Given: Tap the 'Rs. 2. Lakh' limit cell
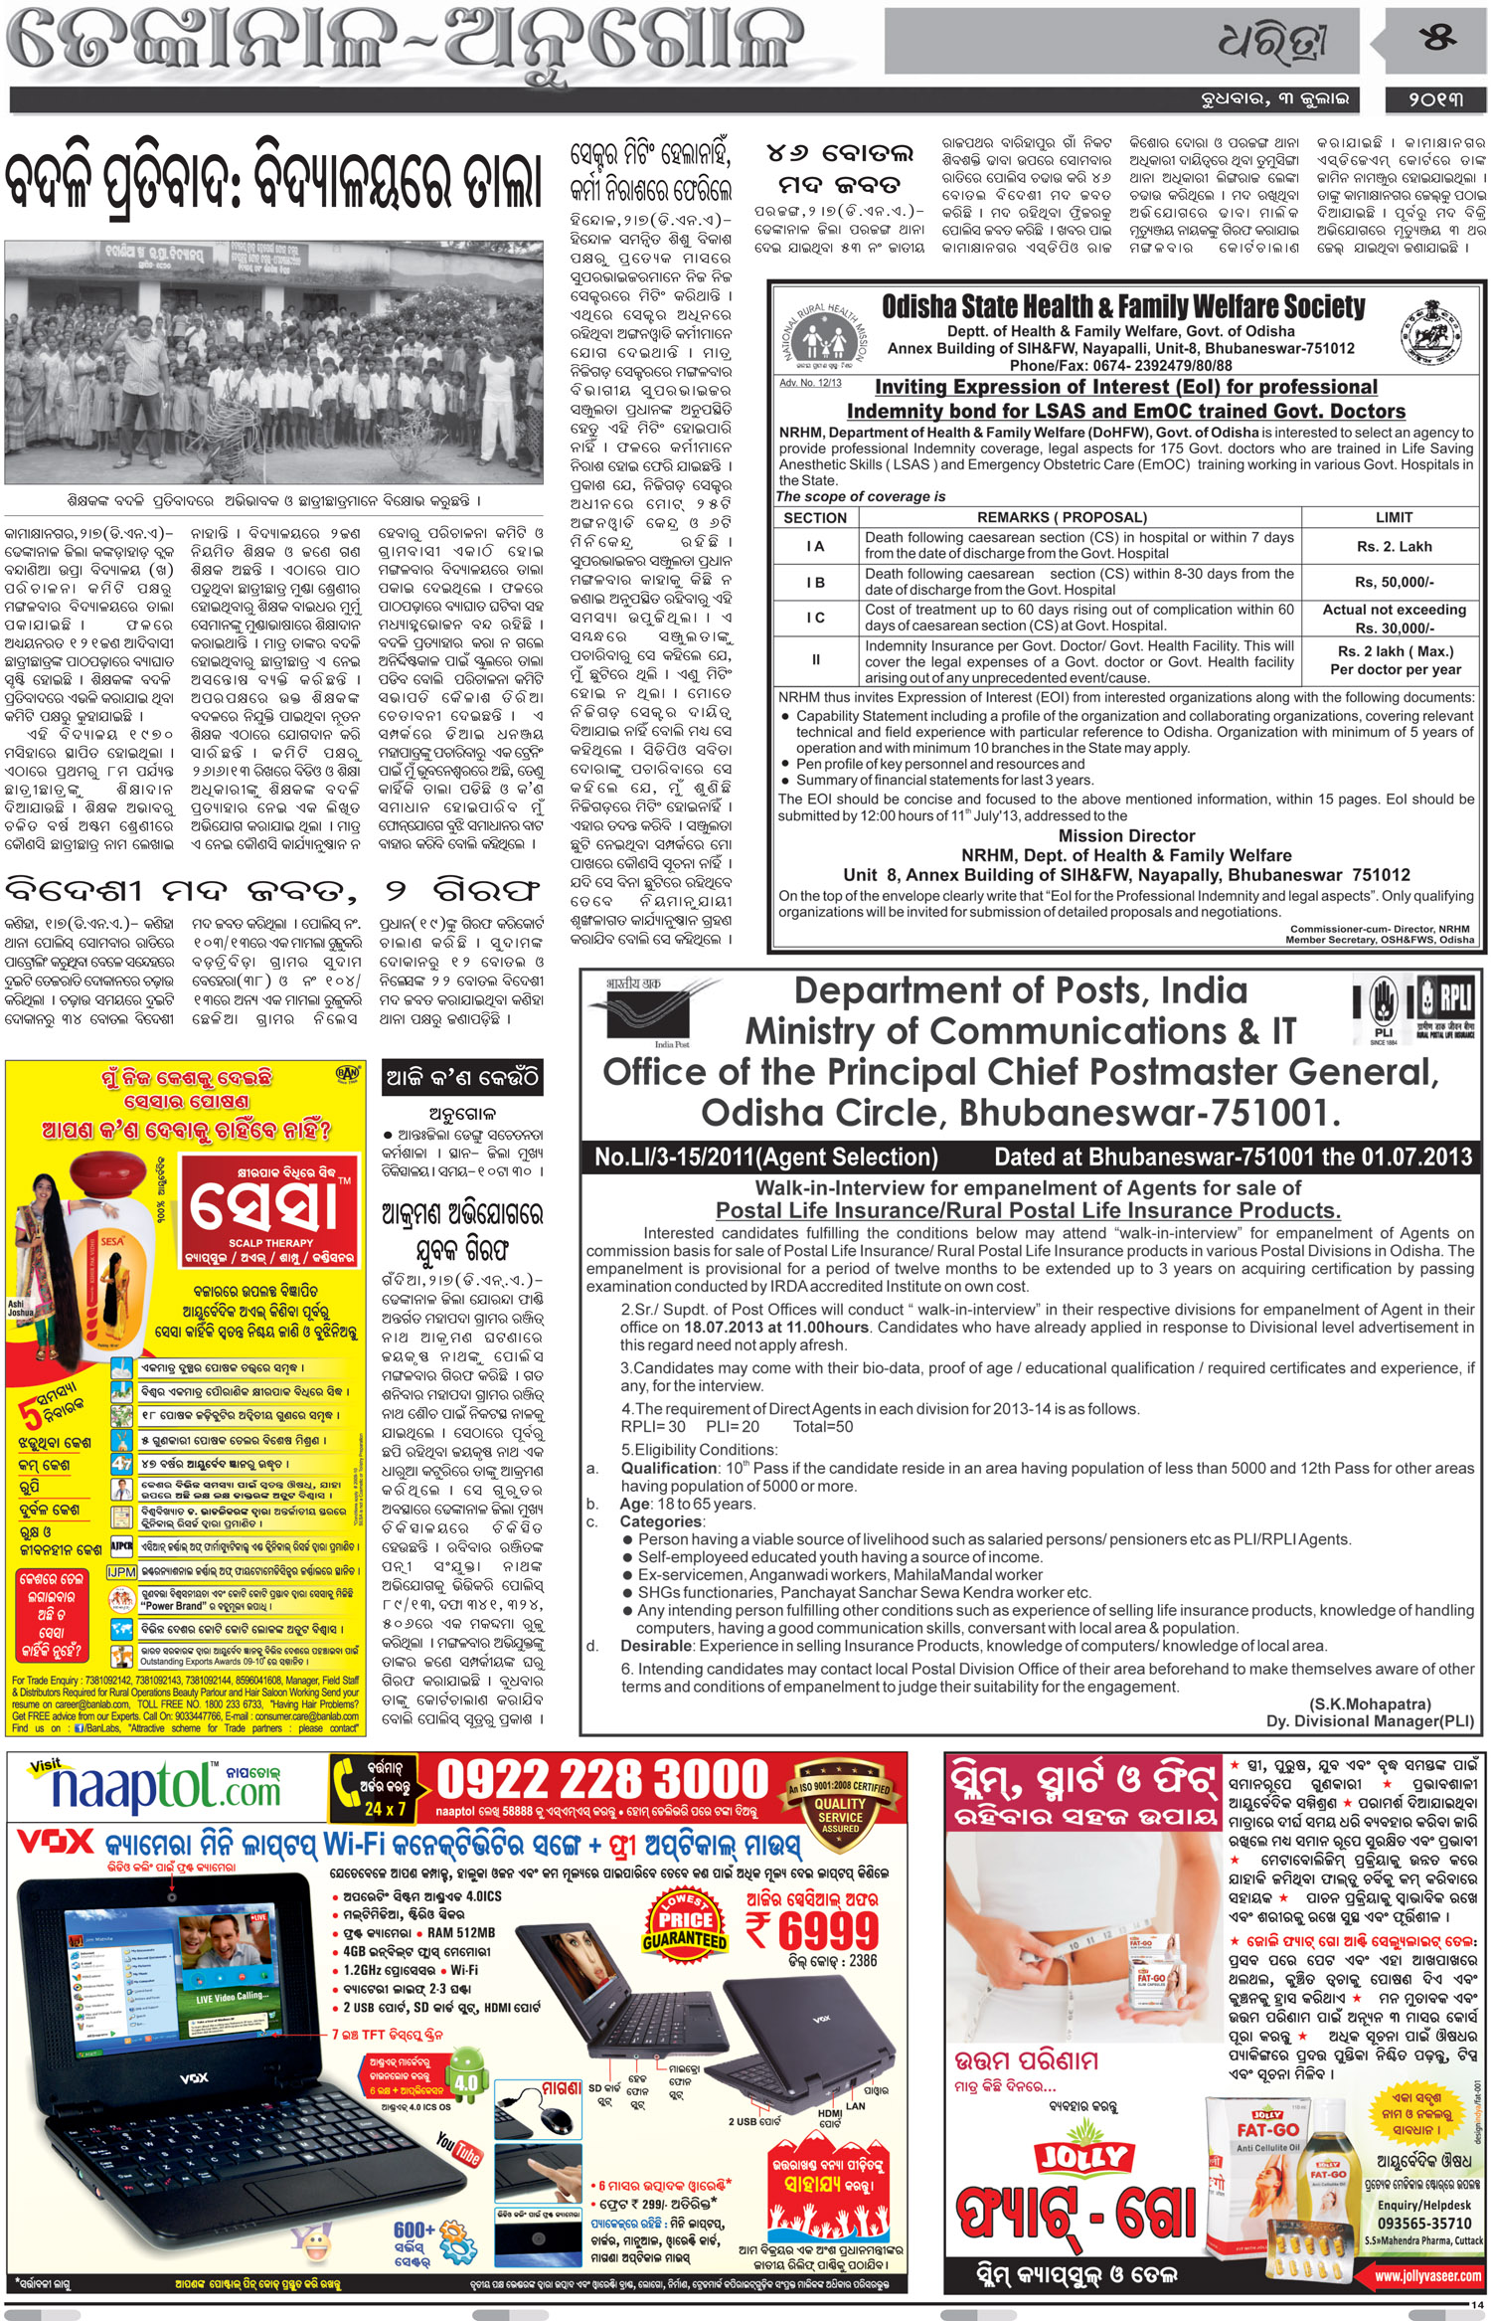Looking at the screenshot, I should (x=1393, y=546).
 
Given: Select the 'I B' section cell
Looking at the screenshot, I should (x=815, y=583).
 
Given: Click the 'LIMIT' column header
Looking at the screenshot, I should (x=1394, y=517).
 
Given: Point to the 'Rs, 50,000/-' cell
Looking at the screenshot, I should (x=1394, y=583).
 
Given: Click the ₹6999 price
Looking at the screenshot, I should (x=812, y=1930).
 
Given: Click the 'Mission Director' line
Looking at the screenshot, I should (x=1126, y=835).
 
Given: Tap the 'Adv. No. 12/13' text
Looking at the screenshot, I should (x=810, y=383).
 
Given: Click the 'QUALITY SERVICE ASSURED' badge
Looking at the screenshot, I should (x=839, y=1803).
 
